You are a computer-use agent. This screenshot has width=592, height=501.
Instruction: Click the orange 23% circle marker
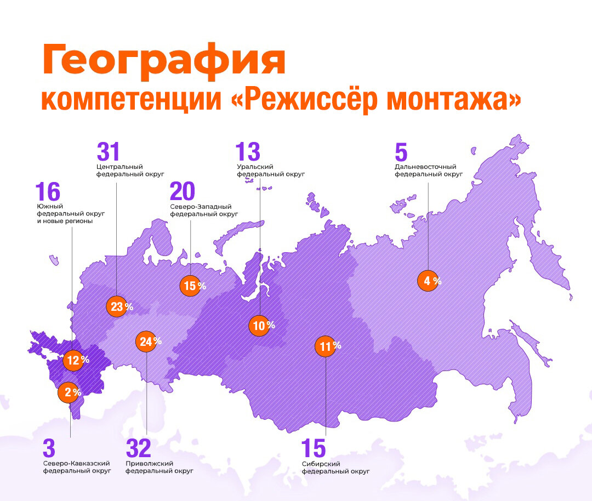(117, 307)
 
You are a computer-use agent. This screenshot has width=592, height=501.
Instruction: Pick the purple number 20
(183, 192)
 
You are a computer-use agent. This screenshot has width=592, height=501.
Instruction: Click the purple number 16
(47, 192)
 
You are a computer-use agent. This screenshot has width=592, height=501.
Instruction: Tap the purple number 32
(138, 449)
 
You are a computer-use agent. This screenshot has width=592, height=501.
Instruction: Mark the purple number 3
(49, 449)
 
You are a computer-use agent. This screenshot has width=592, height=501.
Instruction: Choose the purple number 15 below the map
(314, 449)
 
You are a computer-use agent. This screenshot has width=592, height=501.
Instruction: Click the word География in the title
(163, 61)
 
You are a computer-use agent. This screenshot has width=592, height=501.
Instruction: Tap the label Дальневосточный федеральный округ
(428, 170)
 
